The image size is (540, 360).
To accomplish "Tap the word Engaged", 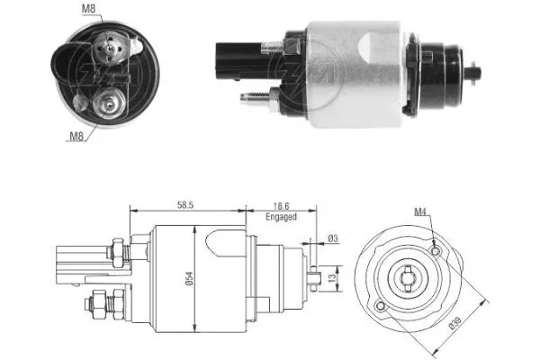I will (281, 217).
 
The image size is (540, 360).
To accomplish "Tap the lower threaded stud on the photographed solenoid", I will (256, 96).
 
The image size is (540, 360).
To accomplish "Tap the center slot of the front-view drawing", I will (409, 275).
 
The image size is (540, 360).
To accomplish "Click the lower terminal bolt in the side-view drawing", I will (97, 307).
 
